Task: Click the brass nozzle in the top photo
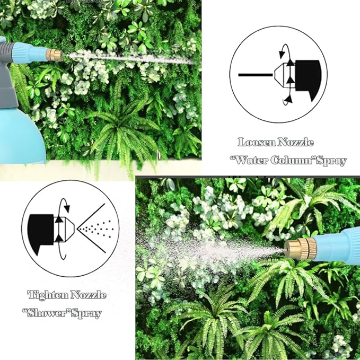tap(54, 55)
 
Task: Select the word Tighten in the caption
tap(47, 295)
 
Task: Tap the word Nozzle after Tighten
tap(88, 295)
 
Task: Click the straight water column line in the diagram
tap(256, 75)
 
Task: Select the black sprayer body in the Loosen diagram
tap(308, 78)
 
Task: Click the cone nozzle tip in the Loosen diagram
tap(279, 75)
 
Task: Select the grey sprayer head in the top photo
tap(7, 69)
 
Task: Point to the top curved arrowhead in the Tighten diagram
tap(67, 208)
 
